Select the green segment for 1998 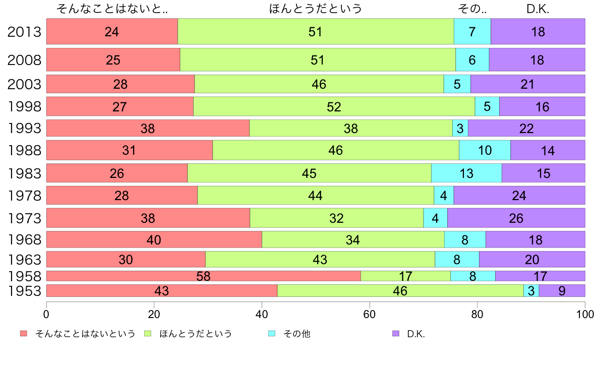(334, 106)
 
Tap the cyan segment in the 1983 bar (466, 173)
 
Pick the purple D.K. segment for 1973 (516, 218)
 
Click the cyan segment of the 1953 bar (531, 290)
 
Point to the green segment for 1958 (405, 276)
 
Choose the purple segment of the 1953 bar (562, 290)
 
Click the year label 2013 (24, 32)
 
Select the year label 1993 (24, 128)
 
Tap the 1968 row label (24, 239)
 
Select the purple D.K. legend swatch (396, 334)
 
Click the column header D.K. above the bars (537, 9)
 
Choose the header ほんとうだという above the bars (316, 9)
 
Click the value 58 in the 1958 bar (203, 276)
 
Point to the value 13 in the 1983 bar (466, 173)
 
